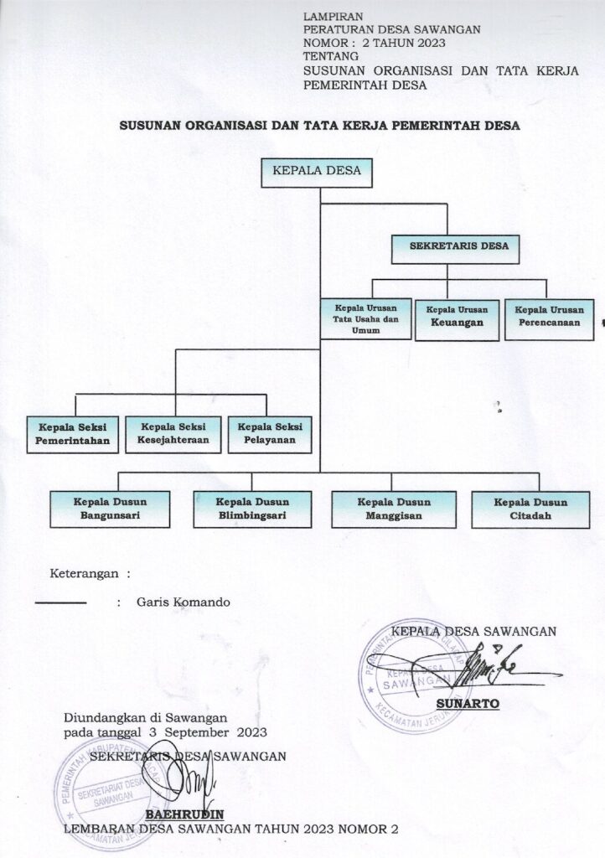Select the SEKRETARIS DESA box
[458, 246]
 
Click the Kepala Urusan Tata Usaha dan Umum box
[365, 317]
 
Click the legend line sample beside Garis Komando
[60, 602]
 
